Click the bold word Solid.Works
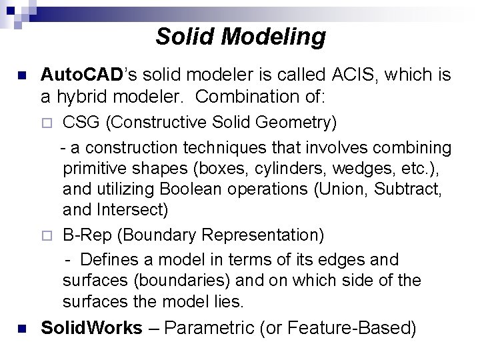92,328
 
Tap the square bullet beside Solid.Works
22,329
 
